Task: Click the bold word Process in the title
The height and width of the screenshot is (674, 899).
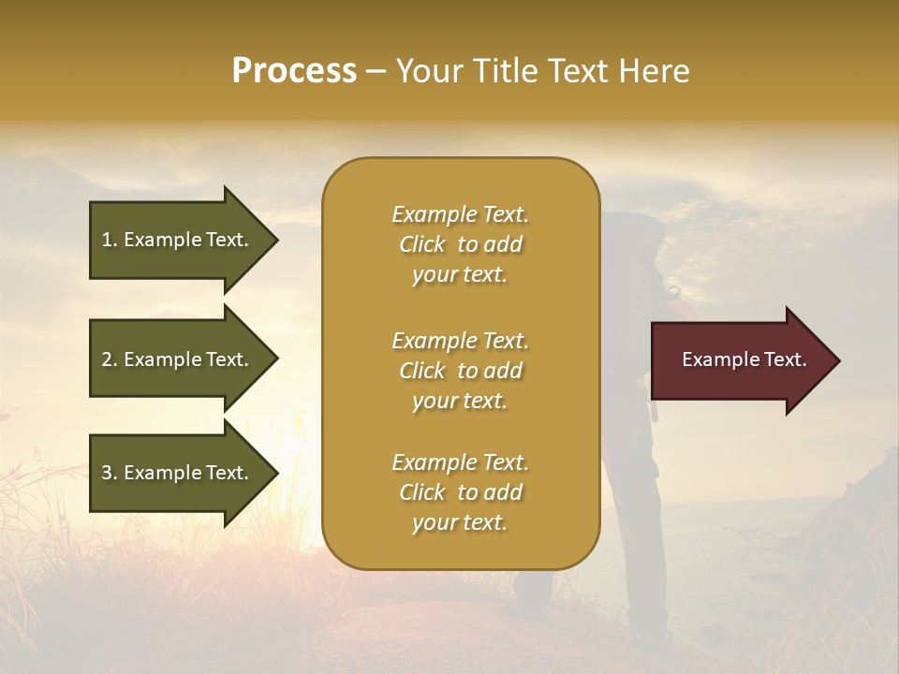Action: click(x=294, y=71)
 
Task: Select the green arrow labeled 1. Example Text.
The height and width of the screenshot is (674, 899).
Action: click(x=178, y=240)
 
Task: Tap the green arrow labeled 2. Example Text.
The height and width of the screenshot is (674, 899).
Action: click(x=178, y=359)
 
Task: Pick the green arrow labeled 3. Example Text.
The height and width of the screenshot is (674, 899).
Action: click(x=178, y=473)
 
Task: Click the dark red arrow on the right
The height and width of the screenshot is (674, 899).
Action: click(x=740, y=360)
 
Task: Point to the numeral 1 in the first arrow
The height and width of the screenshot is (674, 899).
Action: click(x=107, y=240)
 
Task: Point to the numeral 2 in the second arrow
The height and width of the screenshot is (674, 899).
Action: click(x=107, y=359)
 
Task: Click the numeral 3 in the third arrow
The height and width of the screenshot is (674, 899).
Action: click(x=107, y=473)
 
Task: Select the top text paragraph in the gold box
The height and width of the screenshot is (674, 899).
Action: click(x=460, y=244)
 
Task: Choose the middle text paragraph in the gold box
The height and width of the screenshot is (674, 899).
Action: click(x=460, y=371)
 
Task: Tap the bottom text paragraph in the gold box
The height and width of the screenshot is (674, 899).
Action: click(x=460, y=492)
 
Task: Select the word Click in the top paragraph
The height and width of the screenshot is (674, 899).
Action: click(x=422, y=244)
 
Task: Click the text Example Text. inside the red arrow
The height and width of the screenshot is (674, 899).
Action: click(x=744, y=359)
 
